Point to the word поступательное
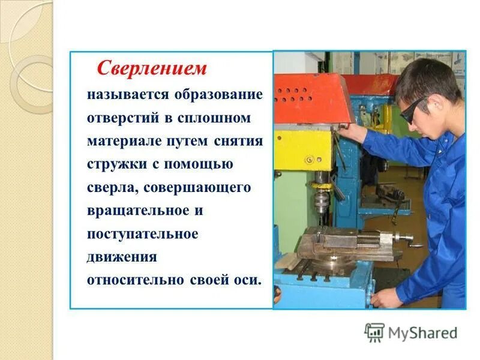pos(142,234)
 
